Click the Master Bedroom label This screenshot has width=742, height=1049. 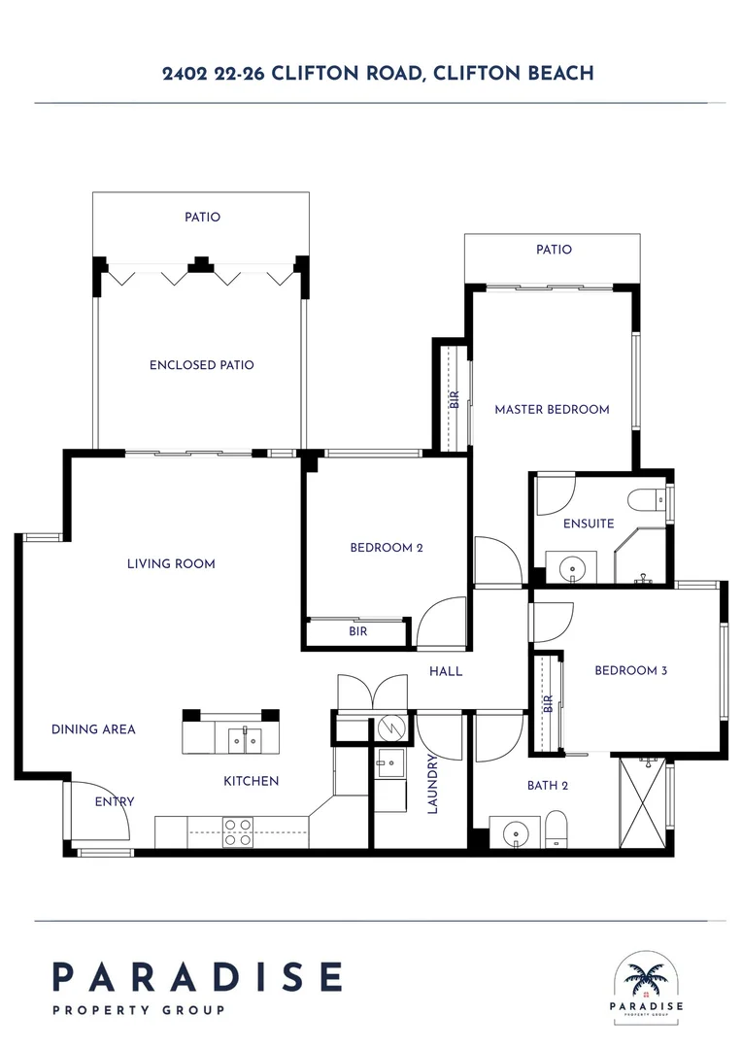[552, 409]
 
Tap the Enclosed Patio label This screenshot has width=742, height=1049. [201, 365]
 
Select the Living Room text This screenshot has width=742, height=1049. [171, 563]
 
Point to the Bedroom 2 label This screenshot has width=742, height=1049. [386, 548]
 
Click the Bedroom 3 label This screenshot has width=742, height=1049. [630, 670]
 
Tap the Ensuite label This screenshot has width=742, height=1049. [589, 524]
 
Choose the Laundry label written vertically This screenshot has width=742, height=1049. [433, 786]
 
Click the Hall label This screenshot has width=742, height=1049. [446, 671]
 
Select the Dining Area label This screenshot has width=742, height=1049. [93, 728]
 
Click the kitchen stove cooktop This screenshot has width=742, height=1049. [238, 831]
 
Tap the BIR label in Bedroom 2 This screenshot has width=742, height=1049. [357, 632]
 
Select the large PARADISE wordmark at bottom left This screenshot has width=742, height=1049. [197, 977]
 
